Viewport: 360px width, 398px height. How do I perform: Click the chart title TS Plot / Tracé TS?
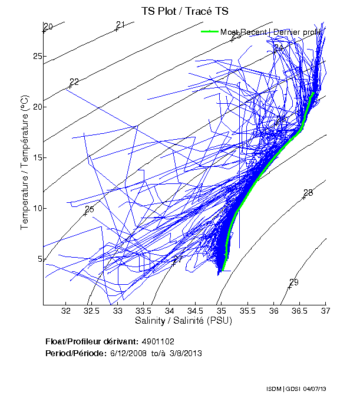click(184, 11)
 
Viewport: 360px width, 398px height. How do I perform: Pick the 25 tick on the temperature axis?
click(37, 57)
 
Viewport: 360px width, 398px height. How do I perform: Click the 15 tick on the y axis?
click(37, 157)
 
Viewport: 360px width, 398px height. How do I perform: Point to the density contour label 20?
click(48, 27)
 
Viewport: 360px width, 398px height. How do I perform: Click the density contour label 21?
click(121, 25)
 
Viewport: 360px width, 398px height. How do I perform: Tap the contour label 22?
click(74, 82)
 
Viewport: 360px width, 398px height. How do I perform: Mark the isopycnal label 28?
click(308, 193)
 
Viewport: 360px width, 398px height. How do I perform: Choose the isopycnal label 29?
click(294, 282)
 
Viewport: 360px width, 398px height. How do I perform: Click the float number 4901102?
click(158, 342)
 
